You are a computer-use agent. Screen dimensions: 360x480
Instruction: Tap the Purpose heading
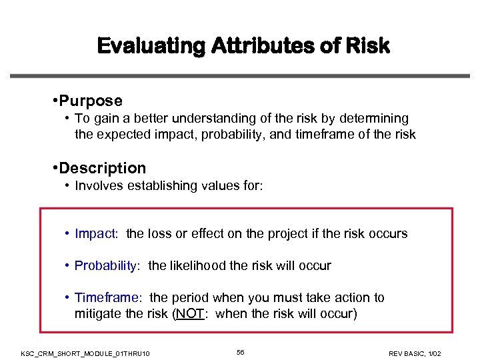point(91,101)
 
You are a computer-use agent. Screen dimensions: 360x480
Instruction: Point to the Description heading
point(102,168)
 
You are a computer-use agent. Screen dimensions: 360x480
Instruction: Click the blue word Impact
point(95,233)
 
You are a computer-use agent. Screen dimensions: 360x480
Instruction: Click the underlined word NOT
point(189,313)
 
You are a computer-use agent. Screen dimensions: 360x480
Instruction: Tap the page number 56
point(240,351)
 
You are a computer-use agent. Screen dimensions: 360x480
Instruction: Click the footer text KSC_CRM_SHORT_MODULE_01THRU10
point(85,353)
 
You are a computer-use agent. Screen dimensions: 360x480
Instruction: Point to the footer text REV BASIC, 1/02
point(414,353)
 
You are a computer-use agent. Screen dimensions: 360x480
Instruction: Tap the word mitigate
point(98,313)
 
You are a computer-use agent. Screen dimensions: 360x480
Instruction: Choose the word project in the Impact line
point(296,233)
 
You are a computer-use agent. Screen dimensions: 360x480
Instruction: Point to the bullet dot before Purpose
point(53,101)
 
